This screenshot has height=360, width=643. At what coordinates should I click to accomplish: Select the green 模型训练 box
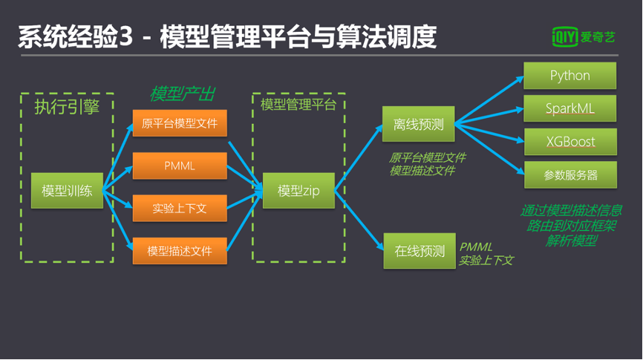tap(67, 191)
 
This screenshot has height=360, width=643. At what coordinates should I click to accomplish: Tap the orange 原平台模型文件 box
tap(180, 123)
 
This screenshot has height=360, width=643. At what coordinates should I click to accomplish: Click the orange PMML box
tap(180, 166)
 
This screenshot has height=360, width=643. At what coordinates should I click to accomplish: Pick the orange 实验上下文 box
tap(180, 209)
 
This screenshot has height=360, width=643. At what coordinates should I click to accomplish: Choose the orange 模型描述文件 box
tap(180, 251)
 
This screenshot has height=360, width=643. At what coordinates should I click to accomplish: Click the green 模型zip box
tap(298, 191)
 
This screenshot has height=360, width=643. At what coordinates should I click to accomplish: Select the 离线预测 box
tap(419, 124)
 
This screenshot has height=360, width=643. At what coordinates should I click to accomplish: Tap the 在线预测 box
tap(419, 251)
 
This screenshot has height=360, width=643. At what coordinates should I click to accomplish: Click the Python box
tap(569, 76)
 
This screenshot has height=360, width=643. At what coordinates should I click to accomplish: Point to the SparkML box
tap(569, 108)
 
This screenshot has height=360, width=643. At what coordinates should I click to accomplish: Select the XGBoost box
tap(569, 141)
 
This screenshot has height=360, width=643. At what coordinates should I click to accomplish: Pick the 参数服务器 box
tap(569, 175)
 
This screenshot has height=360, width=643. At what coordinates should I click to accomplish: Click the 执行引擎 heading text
tap(67, 108)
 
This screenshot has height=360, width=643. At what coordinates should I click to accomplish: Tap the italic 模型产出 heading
tap(182, 94)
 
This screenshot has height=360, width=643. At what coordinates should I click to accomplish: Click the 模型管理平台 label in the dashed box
tap(298, 105)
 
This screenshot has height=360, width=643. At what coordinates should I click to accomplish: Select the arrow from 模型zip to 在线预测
tap(359, 218)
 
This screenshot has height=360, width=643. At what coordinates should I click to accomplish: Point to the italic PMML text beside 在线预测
tap(475, 246)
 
